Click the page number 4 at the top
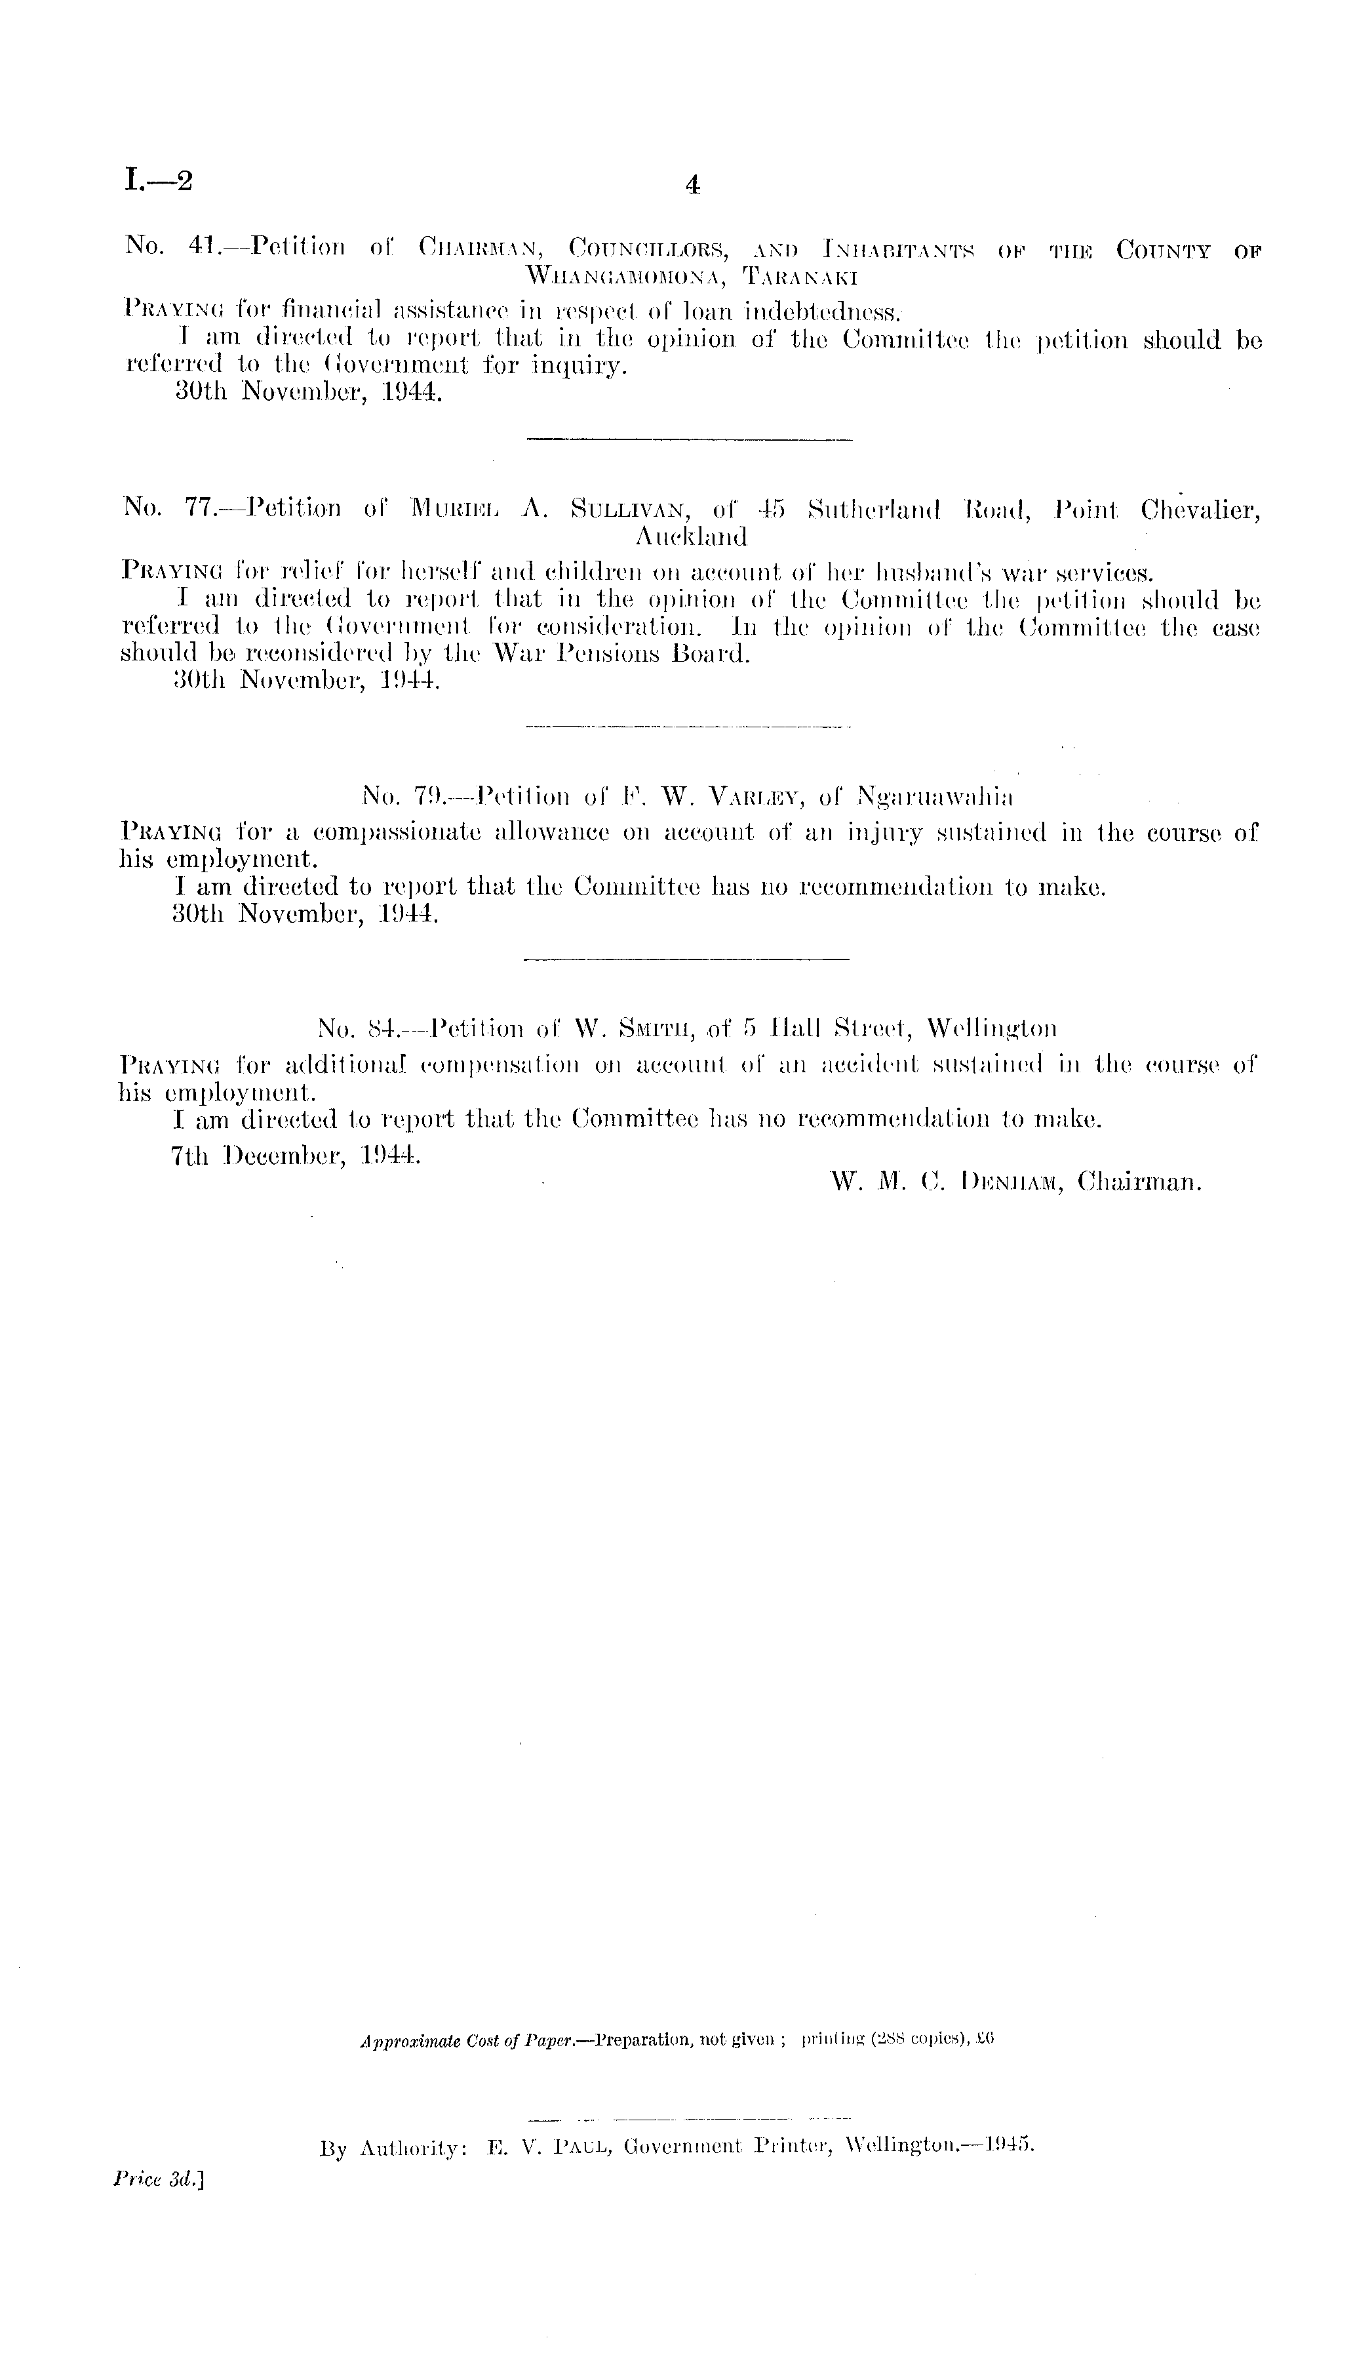pyautogui.click(x=692, y=186)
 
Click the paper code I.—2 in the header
pyautogui.click(x=157, y=180)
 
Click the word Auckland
pyautogui.click(x=690, y=537)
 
